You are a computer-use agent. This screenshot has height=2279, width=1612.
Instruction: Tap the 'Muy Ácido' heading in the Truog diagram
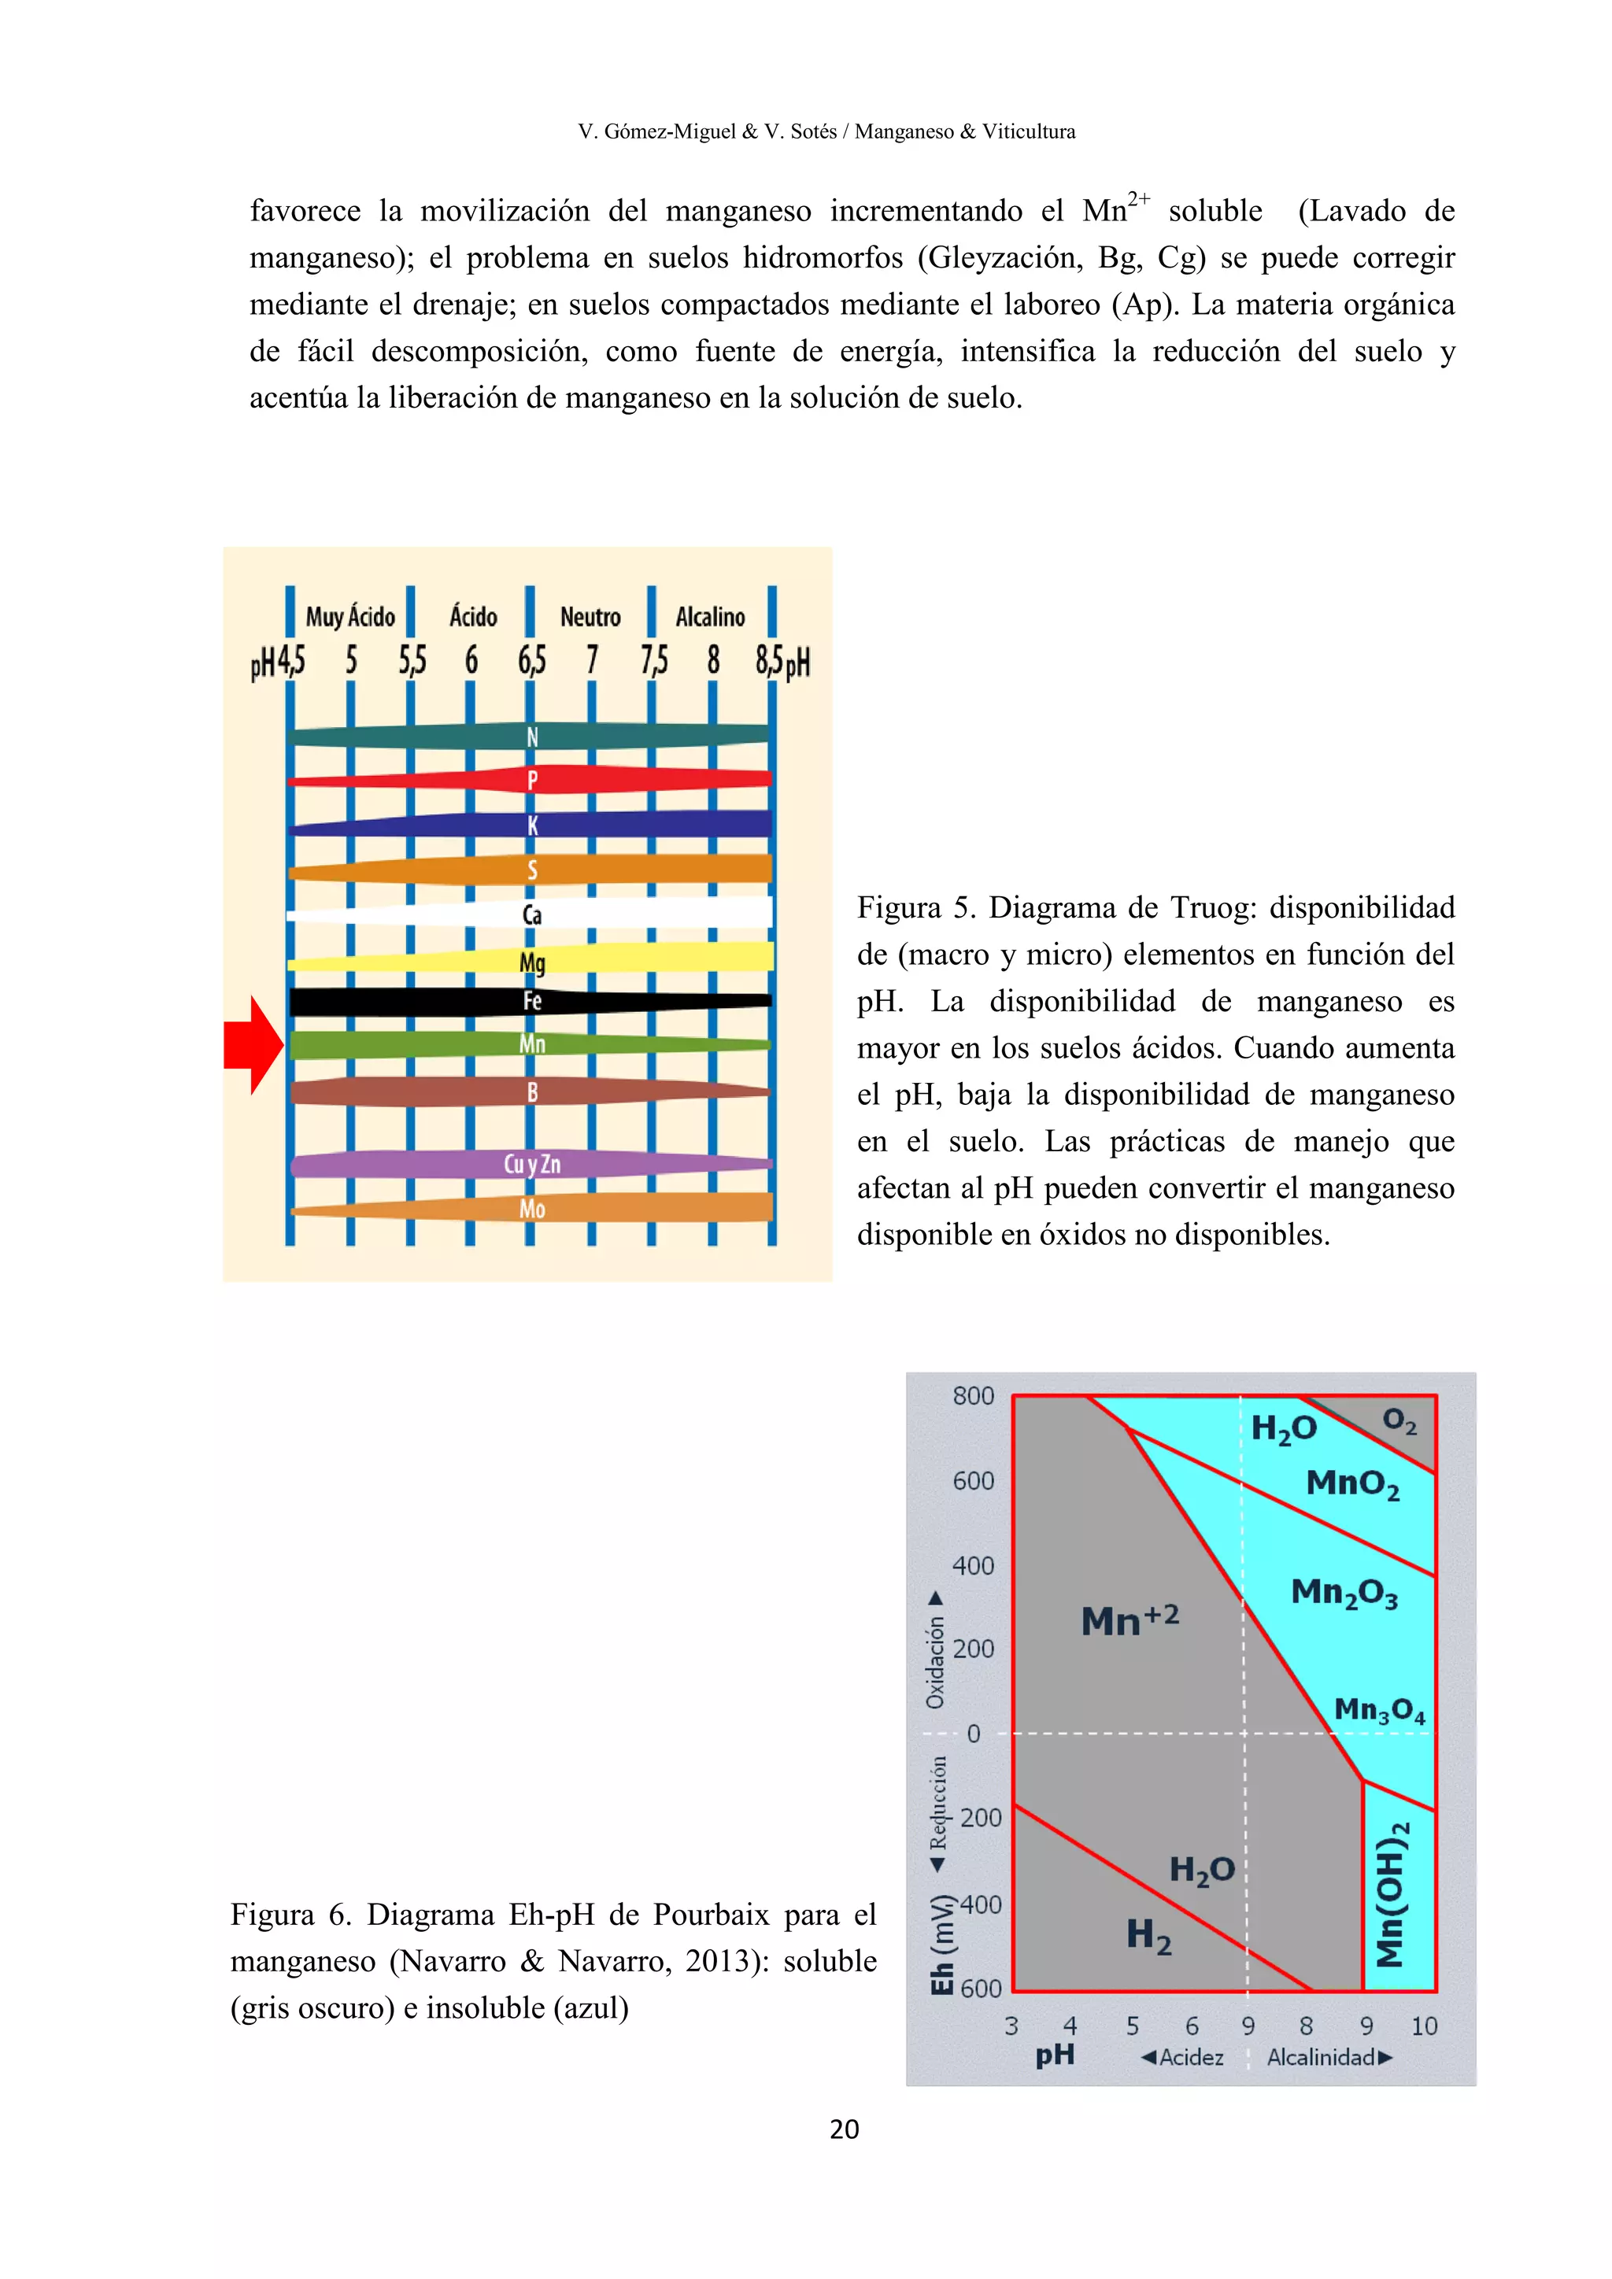pyautogui.click(x=349, y=616)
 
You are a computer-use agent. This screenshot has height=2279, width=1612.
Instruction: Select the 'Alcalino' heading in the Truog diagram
pyautogui.click(x=710, y=616)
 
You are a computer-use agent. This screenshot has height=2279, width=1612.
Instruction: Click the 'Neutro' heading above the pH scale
pyautogui.click(x=590, y=616)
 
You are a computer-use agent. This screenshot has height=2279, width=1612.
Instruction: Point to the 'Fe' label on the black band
pyautogui.click(x=532, y=1000)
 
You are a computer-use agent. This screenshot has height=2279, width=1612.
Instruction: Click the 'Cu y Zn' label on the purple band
pyautogui.click(x=532, y=1163)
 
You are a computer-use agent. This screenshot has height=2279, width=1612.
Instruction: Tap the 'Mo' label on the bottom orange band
pyautogui.click(x=532, y=1209)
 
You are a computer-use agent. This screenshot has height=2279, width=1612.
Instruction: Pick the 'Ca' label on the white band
pyautogui.click(x=532, y=914)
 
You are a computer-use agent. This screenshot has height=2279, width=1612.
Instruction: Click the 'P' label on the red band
pyautogui.click(x=532, y=780)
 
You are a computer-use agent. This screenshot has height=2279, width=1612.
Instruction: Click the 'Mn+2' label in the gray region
pyautogui.click(x=1130, y=1620)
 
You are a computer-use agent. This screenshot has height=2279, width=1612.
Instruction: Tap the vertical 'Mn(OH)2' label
pyautogui.click(x=1392, y=1893)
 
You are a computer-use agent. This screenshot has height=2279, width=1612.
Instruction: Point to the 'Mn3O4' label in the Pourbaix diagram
pyautogui.click(x=1379, y=1709)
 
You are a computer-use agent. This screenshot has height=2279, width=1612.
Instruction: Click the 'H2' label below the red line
pyautogui.click(x=1148, y=1934)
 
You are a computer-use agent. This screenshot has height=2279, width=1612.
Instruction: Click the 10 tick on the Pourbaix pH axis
pyautogui.click(x=1423, y=2026)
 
